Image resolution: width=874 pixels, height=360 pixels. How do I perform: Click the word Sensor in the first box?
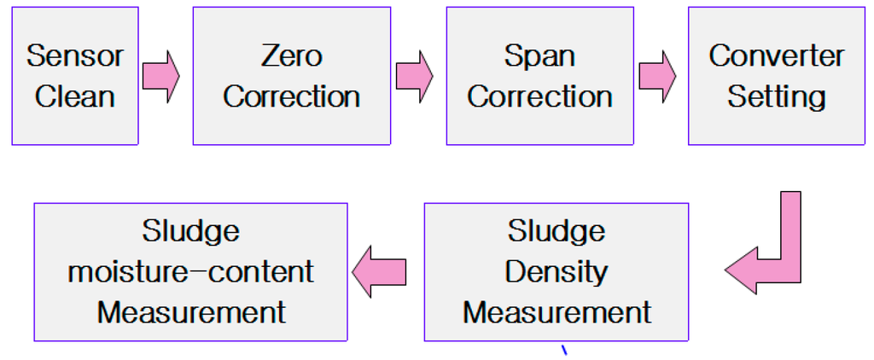click(75, 56)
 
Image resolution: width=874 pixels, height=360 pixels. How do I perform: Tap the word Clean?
click(75, 96)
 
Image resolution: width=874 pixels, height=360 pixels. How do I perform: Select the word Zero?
click(291, 56)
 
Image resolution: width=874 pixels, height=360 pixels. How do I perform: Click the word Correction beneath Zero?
click(291, 96)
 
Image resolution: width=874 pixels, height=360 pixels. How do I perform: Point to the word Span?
click(539, 56)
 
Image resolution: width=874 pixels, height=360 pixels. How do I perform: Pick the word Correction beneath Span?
click(539, 96)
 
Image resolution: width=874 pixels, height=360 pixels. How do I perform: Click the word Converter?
click(777, 56)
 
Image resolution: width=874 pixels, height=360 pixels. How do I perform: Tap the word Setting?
click(777, 96)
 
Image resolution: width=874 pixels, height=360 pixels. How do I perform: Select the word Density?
click(556, 272)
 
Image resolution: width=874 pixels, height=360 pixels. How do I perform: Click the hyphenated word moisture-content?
click(191, 272)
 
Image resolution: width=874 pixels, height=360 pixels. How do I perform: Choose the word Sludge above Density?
click(556, 231)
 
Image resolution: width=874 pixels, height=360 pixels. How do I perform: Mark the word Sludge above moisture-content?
click(191, 231)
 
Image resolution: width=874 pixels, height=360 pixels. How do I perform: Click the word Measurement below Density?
click(556, 312)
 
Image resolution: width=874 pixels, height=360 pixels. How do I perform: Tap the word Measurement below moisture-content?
click(191, 312)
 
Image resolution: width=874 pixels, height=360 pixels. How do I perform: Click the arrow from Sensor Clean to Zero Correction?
click(161, 75)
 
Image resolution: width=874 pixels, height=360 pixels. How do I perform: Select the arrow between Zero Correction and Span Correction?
click(414, 75)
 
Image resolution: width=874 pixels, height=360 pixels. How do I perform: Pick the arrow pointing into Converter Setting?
click(657, 75)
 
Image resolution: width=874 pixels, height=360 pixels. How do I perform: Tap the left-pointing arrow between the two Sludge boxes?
click(380, 272)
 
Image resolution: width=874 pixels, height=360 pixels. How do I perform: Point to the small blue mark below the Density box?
click(563, 350)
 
